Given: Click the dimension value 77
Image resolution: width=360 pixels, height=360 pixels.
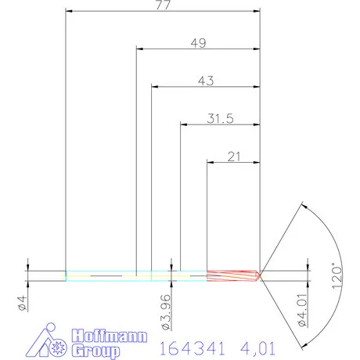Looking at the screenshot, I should tap(163, 5).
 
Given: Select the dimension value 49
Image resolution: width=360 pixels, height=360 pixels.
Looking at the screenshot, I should tap(198, 42).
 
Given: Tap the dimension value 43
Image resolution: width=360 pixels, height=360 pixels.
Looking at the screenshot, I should tap(206, 80).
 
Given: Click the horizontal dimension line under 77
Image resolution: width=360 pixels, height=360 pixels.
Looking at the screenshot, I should tap(163, 12).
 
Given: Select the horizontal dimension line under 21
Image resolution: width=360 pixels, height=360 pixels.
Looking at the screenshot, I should tap(232, 162).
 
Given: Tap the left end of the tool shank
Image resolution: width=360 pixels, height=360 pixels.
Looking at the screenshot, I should tap(67, 275).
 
